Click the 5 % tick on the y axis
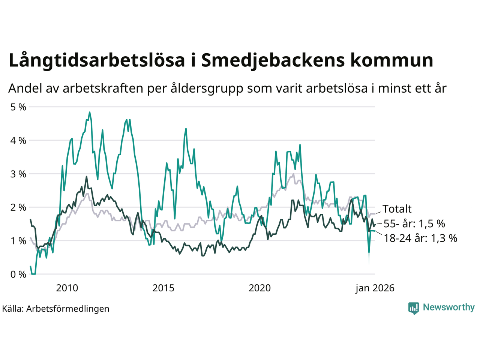[x=18, y=107]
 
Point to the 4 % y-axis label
[x=18, y=141]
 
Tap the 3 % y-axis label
[x=18, y=174]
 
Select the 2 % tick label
[x=18, y=207]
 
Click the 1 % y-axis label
[x=18, y=241]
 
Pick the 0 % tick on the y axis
[x=18, y=274]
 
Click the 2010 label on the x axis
[x=67, y=288]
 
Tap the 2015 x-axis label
[x=163, y=288]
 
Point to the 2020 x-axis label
[x=260, y=288]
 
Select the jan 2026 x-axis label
[x=375, y=288]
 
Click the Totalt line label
[x=397, y=209]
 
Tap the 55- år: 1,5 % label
[x=414, y=224]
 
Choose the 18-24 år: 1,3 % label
[x=420, y=238]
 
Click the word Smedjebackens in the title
[x=273, y=60]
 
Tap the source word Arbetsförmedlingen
[x=68, y=309]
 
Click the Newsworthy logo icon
[x=414, y=308]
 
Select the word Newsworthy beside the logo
[x=448, y=307]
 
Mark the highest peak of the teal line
[x=89, y=112]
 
